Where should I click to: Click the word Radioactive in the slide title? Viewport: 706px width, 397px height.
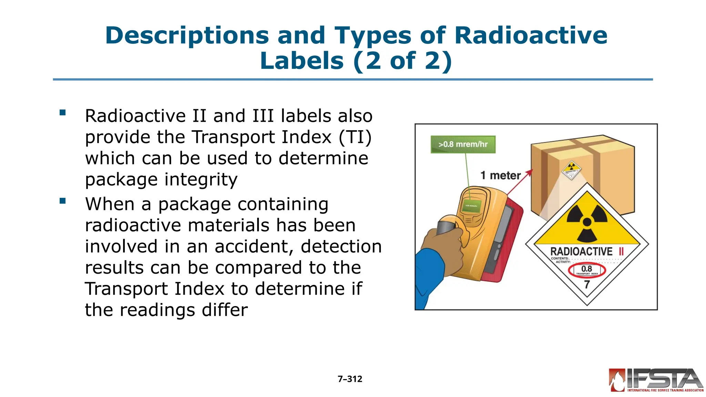531,35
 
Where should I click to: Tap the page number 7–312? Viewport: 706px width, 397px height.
350,379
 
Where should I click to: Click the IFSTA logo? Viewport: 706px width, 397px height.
656,380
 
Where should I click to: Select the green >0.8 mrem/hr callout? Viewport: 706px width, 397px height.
463,144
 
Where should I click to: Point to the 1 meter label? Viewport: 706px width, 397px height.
501,175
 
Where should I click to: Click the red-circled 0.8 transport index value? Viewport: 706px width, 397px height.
587,269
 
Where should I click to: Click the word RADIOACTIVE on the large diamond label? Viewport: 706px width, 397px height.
581,252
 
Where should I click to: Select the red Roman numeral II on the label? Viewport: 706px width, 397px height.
621,252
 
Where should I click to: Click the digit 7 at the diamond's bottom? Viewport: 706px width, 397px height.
587,285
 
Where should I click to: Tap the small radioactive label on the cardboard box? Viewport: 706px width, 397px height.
572,170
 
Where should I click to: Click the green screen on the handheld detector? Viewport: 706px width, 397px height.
471,206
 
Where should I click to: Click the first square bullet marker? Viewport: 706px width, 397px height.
62,112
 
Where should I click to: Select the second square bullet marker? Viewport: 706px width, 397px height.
62,201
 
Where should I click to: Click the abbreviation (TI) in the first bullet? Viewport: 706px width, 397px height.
355,137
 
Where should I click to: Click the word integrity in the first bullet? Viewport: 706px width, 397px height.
201,180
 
